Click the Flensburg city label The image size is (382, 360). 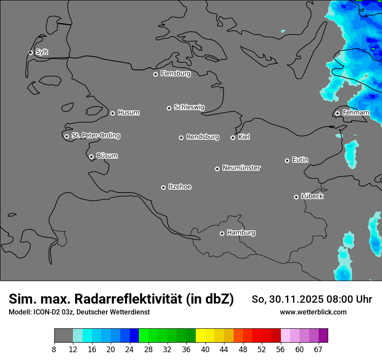click(175, 74)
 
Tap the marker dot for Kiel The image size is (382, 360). click(233, 137)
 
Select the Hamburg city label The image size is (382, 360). click(241, 233)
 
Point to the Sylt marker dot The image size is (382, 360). click(31, 52)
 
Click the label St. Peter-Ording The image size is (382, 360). click(95, 136)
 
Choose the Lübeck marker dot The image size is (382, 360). click(296, 197)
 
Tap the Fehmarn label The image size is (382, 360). click(356, 113)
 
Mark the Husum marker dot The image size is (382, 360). click(112, 113)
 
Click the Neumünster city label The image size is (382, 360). click(241, 168)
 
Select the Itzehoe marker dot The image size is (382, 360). click(163, 187)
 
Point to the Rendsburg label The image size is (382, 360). click(203, 137)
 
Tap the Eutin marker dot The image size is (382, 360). click(287, 160)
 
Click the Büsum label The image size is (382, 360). click(107, 156)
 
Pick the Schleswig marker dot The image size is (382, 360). click(169, 108)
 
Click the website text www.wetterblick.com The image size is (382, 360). click(313, 312)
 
